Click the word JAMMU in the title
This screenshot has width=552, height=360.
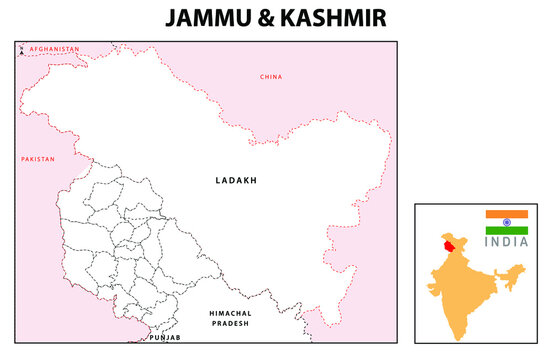(x=207, y=19)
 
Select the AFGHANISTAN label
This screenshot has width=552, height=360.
(x=53, y=49)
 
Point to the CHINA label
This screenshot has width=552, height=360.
(x=271, y=77)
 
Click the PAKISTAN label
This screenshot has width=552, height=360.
(x=37, y=159)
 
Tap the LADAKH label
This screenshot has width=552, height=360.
(x=236, y=181)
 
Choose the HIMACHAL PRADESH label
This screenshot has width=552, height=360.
(x=231, y=320)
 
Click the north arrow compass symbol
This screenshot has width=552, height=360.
(x=21, y=48)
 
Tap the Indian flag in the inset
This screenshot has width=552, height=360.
(x=506, y=222)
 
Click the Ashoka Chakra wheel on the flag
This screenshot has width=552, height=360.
(x=506, y=222)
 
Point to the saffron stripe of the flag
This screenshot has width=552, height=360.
(x=506, y=214)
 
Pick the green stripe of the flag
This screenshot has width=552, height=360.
(x=506, y=230)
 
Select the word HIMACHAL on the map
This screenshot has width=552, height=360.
(x=231, y=314)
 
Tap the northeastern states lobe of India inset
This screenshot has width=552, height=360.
(x=513, y=273)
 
